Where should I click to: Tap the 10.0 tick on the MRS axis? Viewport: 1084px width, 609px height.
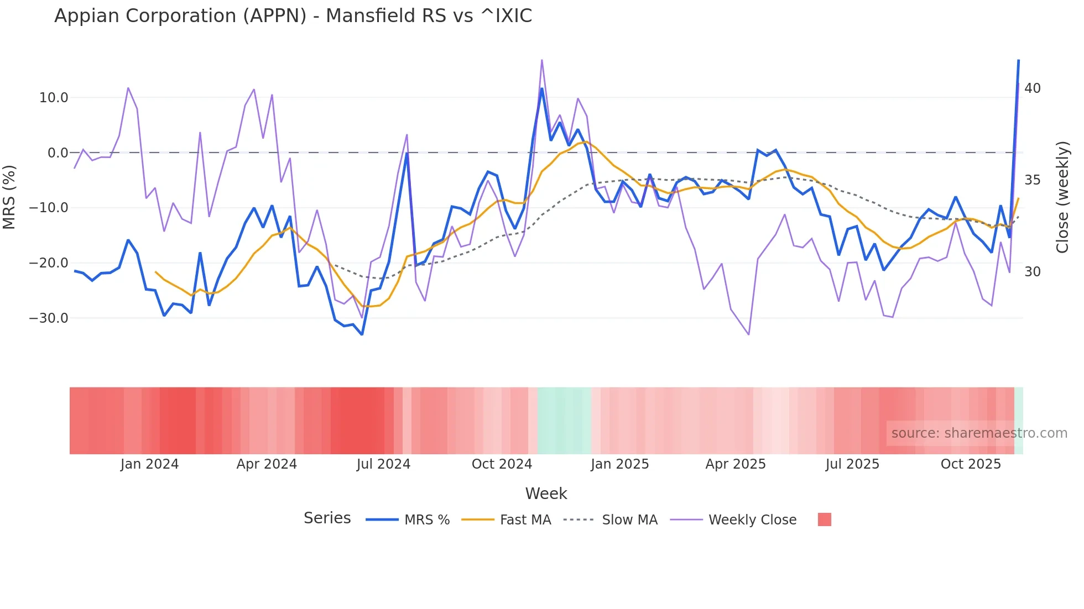tap(54, 98)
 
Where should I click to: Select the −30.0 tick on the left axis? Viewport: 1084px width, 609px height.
tap(49, 318)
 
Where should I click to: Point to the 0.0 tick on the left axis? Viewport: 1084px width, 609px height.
tap(58, 153)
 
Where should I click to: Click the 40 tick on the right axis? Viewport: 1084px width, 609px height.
tap(1032, 88)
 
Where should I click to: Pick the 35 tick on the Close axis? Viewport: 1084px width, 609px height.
tap(1032, 180)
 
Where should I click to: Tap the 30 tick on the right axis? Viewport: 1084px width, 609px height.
tap(1032, 272)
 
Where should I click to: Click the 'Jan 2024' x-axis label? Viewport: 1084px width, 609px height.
tap(149, 464)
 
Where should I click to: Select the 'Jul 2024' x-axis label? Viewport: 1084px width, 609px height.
tap(383, 464)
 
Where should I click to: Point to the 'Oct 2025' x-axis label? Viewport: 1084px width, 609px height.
tap(971, 464)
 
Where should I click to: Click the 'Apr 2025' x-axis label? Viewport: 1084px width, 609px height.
tap(736, 464)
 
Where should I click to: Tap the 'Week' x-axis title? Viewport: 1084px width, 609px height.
tap(546, 494)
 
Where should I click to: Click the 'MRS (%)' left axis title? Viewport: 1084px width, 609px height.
tap(9, 197)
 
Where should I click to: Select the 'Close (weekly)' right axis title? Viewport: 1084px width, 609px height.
tap(1062, 197)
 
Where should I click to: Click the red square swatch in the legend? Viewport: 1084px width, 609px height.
tap(824, 519)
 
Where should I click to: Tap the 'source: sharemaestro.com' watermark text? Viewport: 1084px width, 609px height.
tap(979, 433)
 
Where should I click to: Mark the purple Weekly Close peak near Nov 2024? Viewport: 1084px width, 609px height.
tap(541, 60)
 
